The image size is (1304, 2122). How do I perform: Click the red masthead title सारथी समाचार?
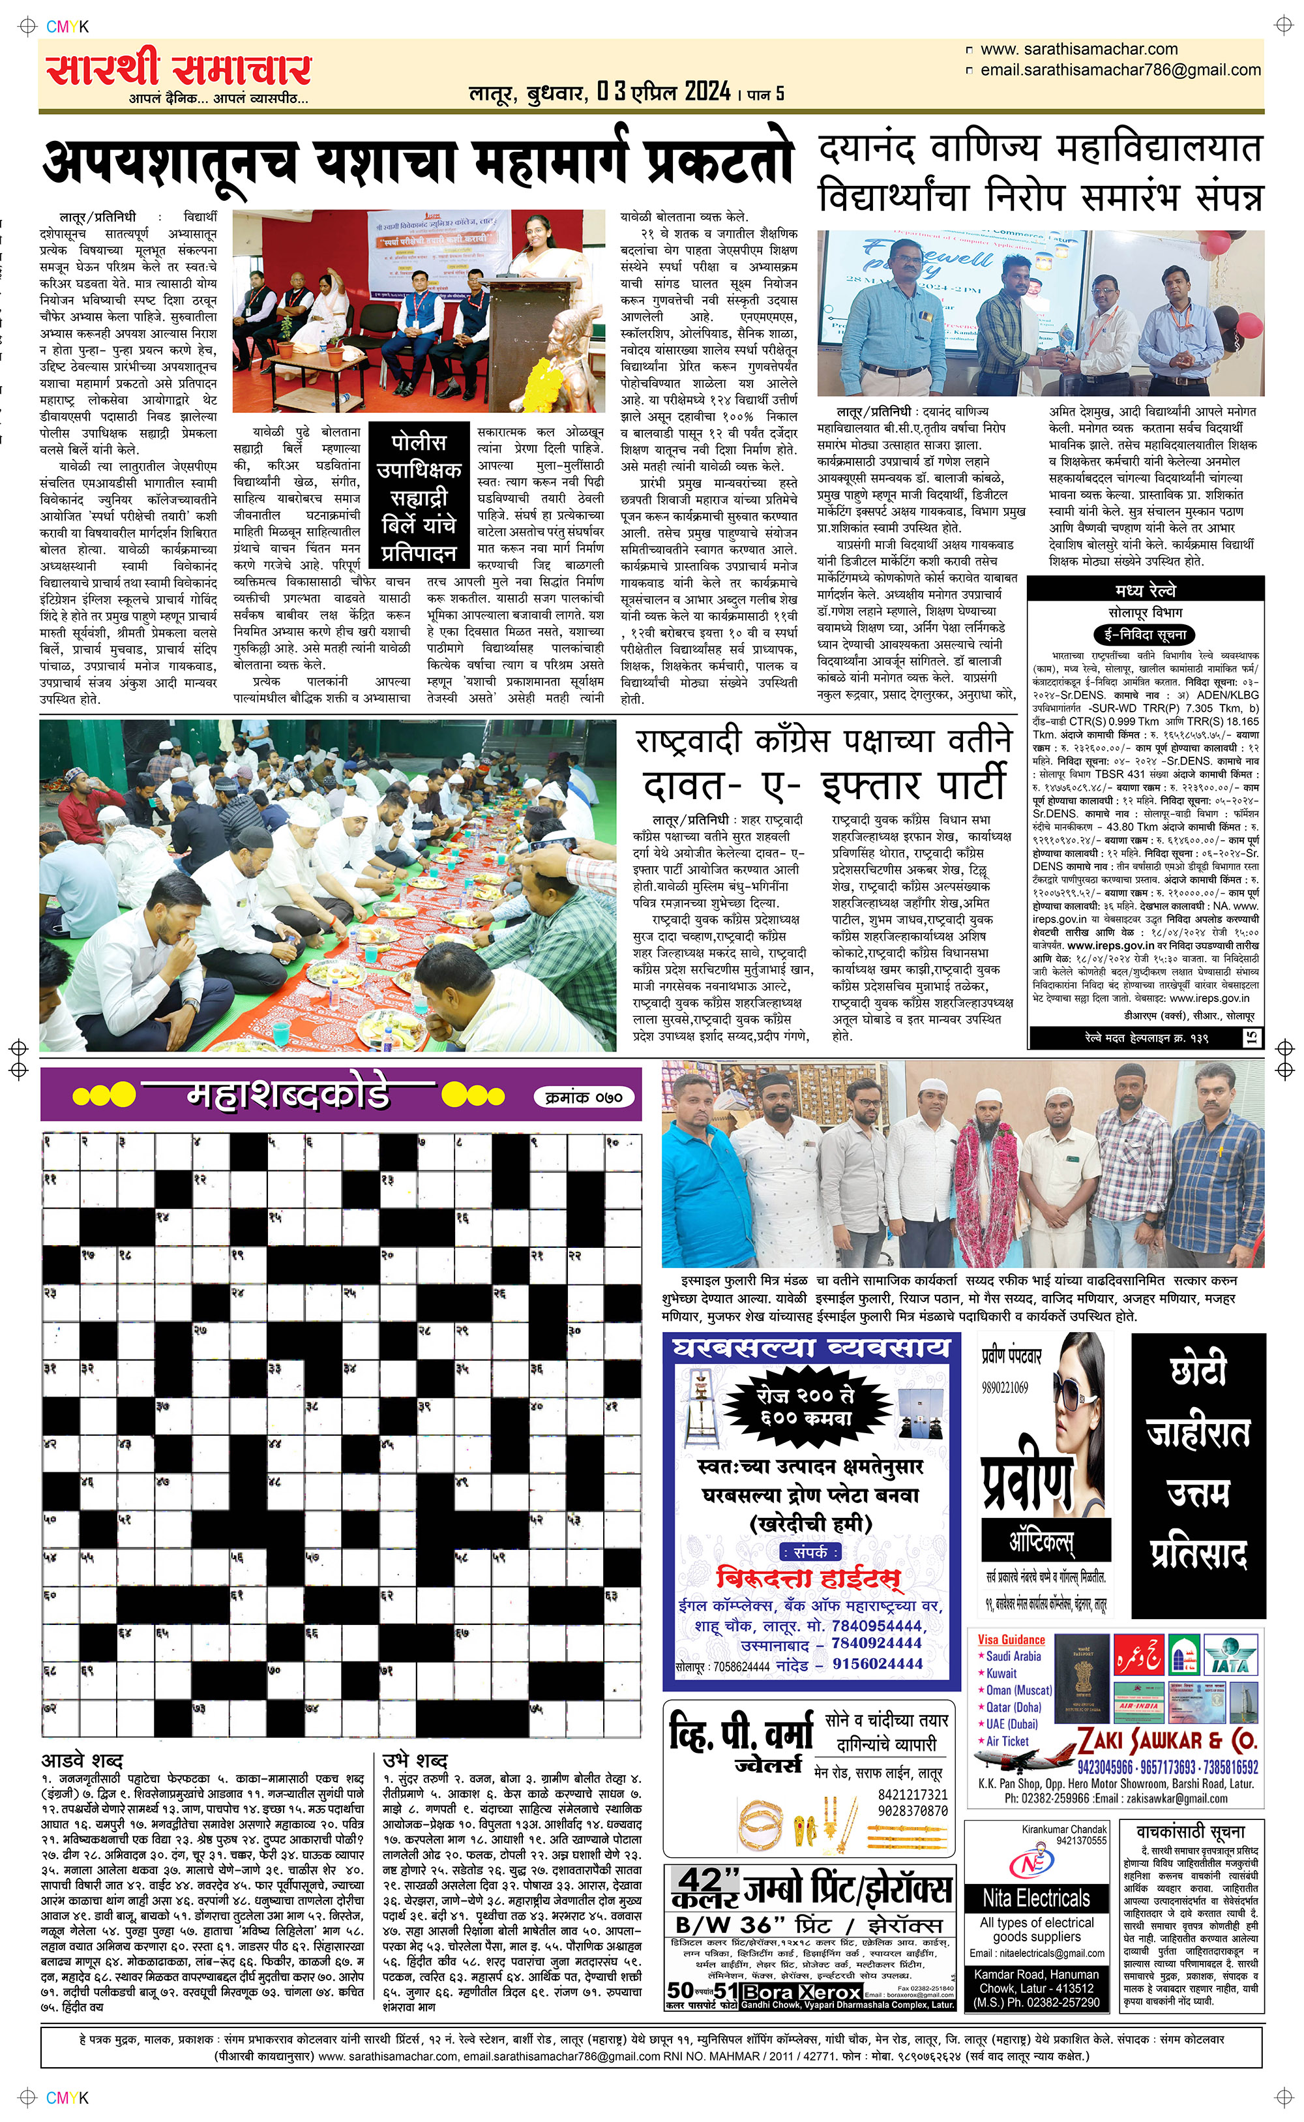179,70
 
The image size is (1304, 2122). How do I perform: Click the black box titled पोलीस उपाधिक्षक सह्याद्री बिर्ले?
419,498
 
